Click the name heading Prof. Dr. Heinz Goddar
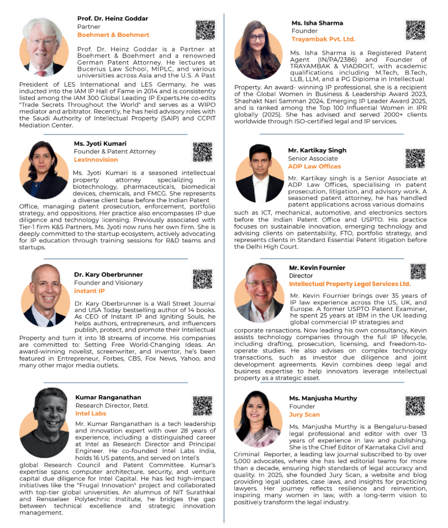coord(113,18)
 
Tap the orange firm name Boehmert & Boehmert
coord(113,35)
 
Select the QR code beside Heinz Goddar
coord(205,30)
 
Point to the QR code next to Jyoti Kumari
coord(202,152)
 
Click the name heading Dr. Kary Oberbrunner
coord(108,274)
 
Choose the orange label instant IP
coord(89,291)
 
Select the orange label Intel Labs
coord(91,413)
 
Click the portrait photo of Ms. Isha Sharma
coord(259,50)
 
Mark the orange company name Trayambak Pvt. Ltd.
coord(323,39)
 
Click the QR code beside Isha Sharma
coord(415,30)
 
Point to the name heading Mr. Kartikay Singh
coord(317,150)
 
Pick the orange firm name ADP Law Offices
coord(314,166)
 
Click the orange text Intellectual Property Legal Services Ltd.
coord(350,284)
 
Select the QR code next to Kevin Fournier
coord(418,271)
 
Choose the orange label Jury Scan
coord(304,414)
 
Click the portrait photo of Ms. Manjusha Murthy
coord(259,419)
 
